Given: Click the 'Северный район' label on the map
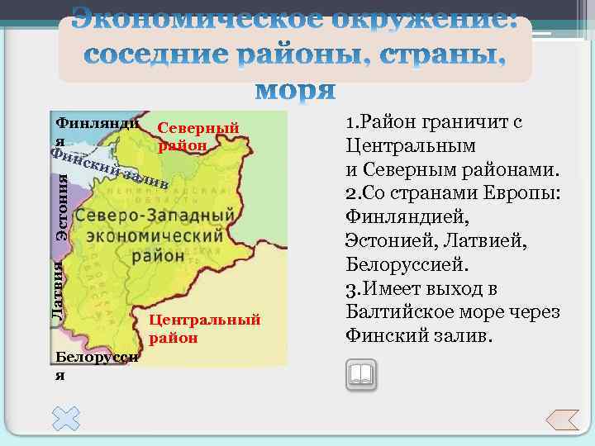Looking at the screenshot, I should (x=198, y=137).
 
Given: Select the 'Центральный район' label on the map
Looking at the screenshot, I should (x=205, y=329).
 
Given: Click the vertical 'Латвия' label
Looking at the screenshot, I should (x=57, y=290).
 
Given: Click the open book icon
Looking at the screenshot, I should (x=361, y=375).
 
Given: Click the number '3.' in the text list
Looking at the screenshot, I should (x=350, y=290).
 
